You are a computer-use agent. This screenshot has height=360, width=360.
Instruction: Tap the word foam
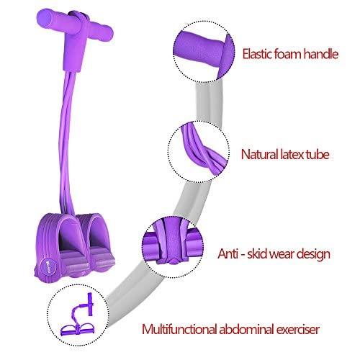(288, 53)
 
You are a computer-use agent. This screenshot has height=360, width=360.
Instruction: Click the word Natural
(259, 154)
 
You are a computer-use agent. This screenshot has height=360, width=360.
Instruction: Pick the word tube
(318, 154)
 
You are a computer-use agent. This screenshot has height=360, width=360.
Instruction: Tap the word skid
(258, 253)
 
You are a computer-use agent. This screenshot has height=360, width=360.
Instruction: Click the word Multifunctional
(179, 329)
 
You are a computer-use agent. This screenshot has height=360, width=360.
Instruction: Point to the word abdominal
(246, 329)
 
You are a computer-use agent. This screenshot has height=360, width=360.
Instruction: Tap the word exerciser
(298, 329)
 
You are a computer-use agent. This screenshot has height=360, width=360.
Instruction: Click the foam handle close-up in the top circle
(204, 53)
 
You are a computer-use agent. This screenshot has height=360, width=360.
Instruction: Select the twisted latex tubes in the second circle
(204, 149)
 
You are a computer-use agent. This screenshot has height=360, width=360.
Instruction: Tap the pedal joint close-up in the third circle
(174, 242)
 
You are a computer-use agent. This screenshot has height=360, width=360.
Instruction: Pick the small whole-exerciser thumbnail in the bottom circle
(77, 315)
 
